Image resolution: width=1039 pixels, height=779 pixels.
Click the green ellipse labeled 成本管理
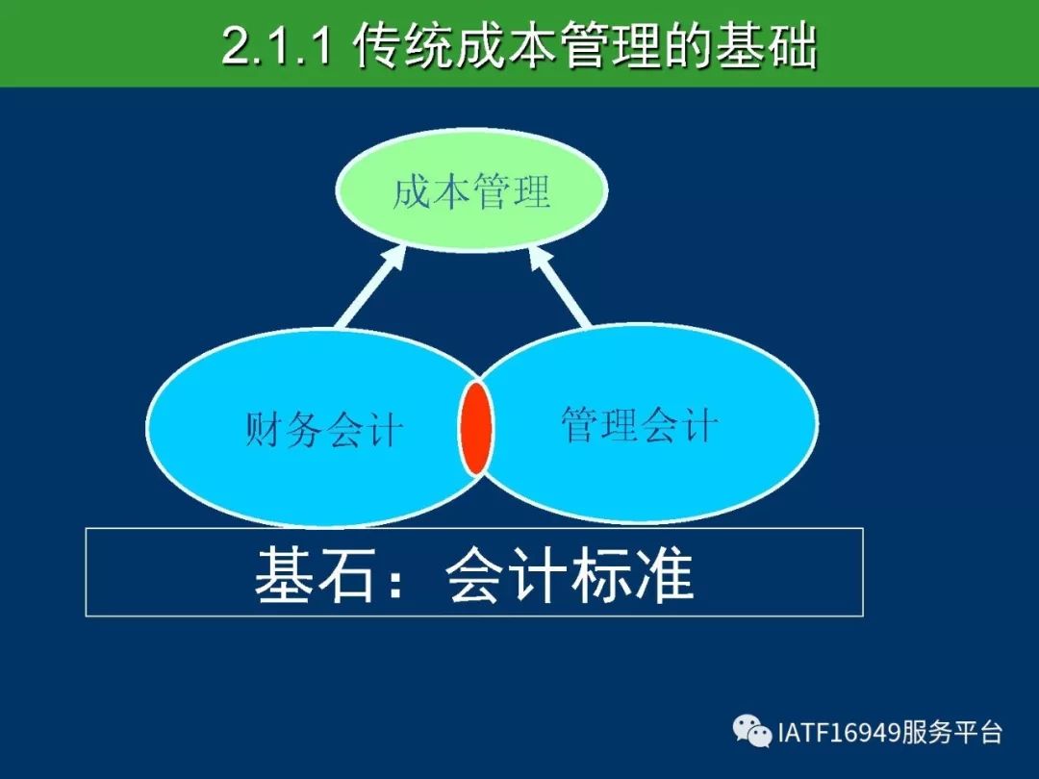click(x=471, y=190)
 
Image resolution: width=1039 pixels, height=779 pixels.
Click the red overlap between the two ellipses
click(x=476, y=428)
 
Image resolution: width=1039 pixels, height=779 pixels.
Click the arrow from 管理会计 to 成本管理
click(x=559, y=287)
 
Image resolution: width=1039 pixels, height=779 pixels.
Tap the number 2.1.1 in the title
click(x=276, y=46)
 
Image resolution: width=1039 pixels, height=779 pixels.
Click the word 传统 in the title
click(x=403, y=46)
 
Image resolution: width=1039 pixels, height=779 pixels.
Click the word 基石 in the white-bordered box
click(x=314, y=574)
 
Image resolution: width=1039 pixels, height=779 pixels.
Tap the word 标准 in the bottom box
click(x=632, y=574)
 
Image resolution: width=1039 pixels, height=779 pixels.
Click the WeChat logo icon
click(x=752, y=731)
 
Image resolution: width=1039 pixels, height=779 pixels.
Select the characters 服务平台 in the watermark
click(x=952, y=733)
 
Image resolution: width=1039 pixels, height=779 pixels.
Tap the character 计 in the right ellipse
click(x=698, y=424)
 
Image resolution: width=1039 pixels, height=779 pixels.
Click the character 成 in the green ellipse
click(x=412, y=191)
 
